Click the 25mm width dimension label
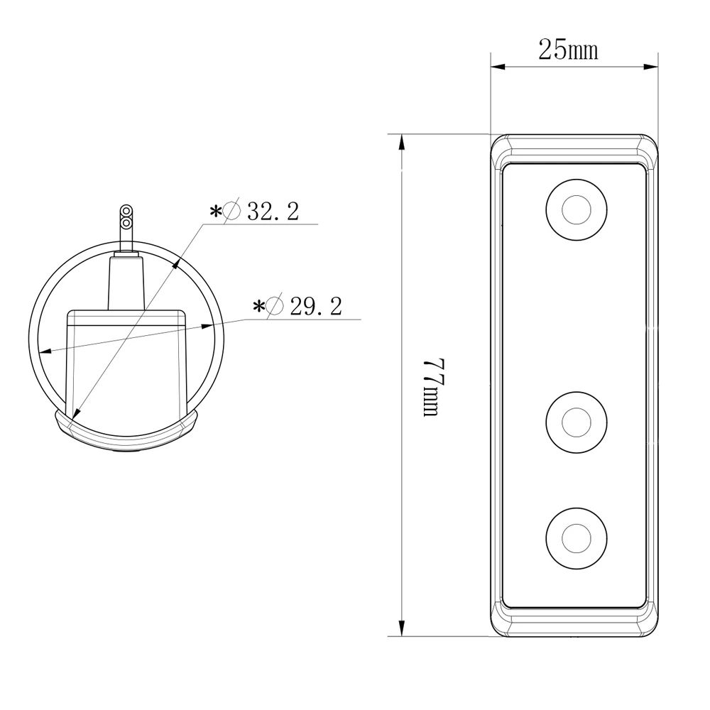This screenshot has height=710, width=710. click(x=568, y=50)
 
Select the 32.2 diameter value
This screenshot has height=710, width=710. click(x=273, y=211)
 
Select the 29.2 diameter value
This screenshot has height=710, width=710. click(x=316, y=307)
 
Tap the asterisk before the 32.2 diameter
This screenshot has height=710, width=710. click(x=215, y=212)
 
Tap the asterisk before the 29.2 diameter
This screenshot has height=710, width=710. click(x=259, y=307)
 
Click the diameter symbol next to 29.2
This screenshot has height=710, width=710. click(x=276, y=307)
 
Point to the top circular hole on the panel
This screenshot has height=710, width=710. click(x=575, y=209)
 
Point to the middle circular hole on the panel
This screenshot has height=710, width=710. click(x=575, y=422)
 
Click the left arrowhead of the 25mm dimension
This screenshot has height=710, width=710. click(x=497, y=67)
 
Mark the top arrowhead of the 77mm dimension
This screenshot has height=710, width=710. click(x=403, y=142)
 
